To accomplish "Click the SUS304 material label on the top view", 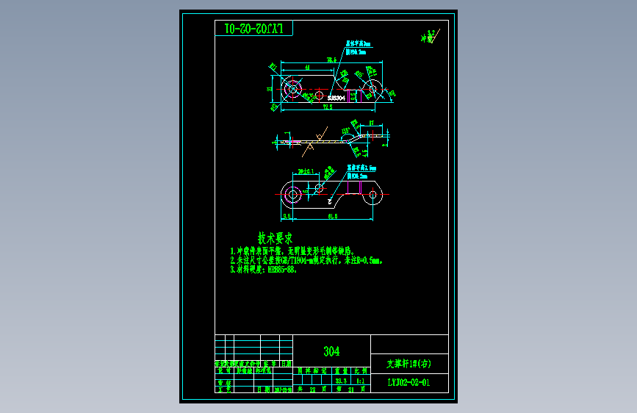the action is [337, 97].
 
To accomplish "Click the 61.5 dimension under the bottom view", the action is [332, 217].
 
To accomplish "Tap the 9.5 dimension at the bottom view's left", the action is [287, 217].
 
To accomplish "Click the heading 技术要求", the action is [275, 238].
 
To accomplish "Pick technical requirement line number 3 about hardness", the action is [265, 269].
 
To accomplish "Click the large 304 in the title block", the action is [331, 351].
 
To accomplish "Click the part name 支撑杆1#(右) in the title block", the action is [409, 363].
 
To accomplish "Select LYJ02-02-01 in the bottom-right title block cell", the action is [409, 382].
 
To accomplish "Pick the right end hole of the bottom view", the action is [373, 195].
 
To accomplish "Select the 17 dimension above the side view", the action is [372, 123].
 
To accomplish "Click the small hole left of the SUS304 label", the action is [320, 95].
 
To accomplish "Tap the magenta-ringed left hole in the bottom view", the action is [292, 195].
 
